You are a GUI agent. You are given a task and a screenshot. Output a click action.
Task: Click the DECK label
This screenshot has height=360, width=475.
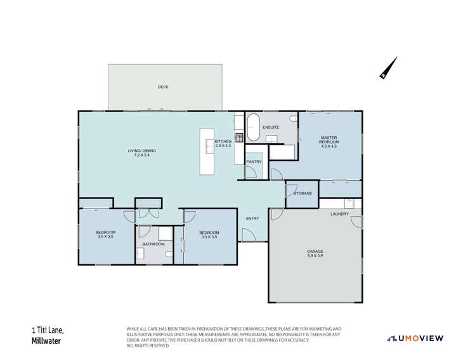pyautogui.click(x=163, y=87)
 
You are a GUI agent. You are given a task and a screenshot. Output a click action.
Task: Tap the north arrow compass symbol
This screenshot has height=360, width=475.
pyautogui.click(x=388, y=68)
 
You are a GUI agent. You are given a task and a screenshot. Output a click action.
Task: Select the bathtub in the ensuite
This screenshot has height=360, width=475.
pyautogui.click(x=252, y=127)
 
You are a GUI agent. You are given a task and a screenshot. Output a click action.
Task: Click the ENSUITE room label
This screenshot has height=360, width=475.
pyautogui.click(x=271, y=127)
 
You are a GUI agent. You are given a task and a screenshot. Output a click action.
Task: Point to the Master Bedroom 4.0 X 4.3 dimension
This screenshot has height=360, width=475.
pyautogui.click(x=329, y=146)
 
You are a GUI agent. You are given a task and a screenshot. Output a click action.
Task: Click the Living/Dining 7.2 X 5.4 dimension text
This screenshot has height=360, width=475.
pyautogui.click(x=142, y=155)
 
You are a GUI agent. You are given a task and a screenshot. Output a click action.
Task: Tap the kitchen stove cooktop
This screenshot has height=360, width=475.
pyautogui.click(x=239, y=138)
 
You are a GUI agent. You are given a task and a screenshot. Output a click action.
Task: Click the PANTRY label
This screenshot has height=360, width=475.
pyautogui.click(x=254, y=162)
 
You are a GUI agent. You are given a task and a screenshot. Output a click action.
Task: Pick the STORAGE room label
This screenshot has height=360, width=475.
pyautogui.click(x=303, y=193)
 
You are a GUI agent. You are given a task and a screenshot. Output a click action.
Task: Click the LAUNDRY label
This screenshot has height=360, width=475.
pyautogui.click(x=339, y=214)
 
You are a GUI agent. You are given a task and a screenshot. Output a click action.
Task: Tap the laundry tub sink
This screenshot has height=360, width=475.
pyautogui.click(x=349, y=203)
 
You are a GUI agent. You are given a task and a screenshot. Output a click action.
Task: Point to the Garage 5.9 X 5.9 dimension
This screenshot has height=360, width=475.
pyautogui.click(x=315, y=255)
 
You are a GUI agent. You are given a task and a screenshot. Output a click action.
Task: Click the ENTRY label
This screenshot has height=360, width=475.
pyautogui.click(x=252, y=219)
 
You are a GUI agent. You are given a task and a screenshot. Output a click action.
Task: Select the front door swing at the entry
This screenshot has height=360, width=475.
pyautogui.click(x=249, y=235)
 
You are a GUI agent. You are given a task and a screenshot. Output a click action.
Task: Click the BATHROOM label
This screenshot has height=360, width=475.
pyautogui.click(x=153, y=244)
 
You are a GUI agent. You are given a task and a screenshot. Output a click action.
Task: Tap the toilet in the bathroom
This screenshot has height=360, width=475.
pyautogui.click(x=169, y=254)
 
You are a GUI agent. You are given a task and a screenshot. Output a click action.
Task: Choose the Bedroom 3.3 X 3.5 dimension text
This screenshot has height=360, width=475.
pyautogui.click(x=209, y=237)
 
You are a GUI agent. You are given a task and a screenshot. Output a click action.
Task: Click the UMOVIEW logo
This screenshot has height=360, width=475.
pyautogui.click(x=415, y=338)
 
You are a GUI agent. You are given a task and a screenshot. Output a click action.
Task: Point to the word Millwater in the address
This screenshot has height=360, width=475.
pyautogui.click(x=46, y=341)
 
